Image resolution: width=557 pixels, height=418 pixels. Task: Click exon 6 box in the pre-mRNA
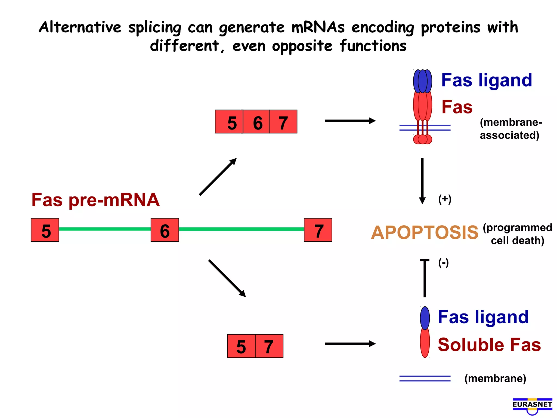point(165,230)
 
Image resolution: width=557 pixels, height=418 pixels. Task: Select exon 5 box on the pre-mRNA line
point(45,230)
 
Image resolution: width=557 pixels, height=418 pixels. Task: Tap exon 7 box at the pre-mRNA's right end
point(318,230)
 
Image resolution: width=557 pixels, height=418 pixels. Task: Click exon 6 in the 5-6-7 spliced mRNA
point(256,122)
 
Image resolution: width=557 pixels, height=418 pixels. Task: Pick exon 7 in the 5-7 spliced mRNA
point(269,346)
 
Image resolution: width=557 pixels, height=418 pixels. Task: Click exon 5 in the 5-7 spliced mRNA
point(241,346)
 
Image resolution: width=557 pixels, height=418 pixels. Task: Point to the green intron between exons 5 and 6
point(105,229)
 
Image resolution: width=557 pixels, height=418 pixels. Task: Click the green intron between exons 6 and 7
point(241,229)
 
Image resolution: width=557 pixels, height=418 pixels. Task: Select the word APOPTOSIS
point(425,233)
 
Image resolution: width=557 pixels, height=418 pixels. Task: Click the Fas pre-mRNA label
point(95,200)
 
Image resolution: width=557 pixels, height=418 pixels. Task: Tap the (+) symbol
point(445,199)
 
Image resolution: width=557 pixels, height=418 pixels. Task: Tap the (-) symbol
point(443,263)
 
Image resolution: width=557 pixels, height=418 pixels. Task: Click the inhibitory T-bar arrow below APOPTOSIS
point(425,278)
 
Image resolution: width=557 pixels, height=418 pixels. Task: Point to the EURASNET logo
point(532,405)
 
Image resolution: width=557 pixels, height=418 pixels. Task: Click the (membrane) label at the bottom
point(495,379)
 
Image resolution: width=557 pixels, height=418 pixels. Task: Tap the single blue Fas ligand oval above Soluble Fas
point(425,318)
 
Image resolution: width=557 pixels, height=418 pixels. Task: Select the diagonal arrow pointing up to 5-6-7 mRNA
point(218,177)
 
